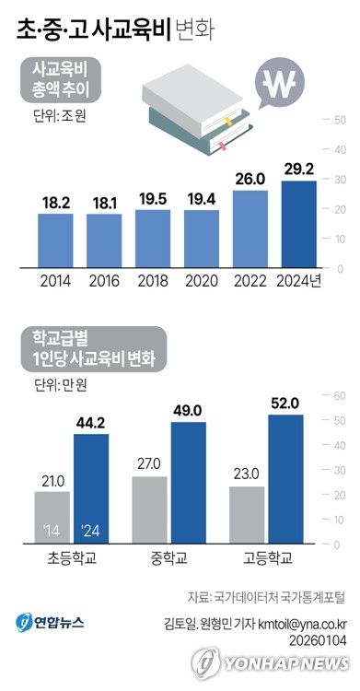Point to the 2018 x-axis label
click(x=154, y=281)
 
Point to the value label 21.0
click(x=52, y=480)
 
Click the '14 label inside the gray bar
click(x=52, y=531)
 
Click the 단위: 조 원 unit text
click(x=57, y=117)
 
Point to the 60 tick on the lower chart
click(x=337, y=396)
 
